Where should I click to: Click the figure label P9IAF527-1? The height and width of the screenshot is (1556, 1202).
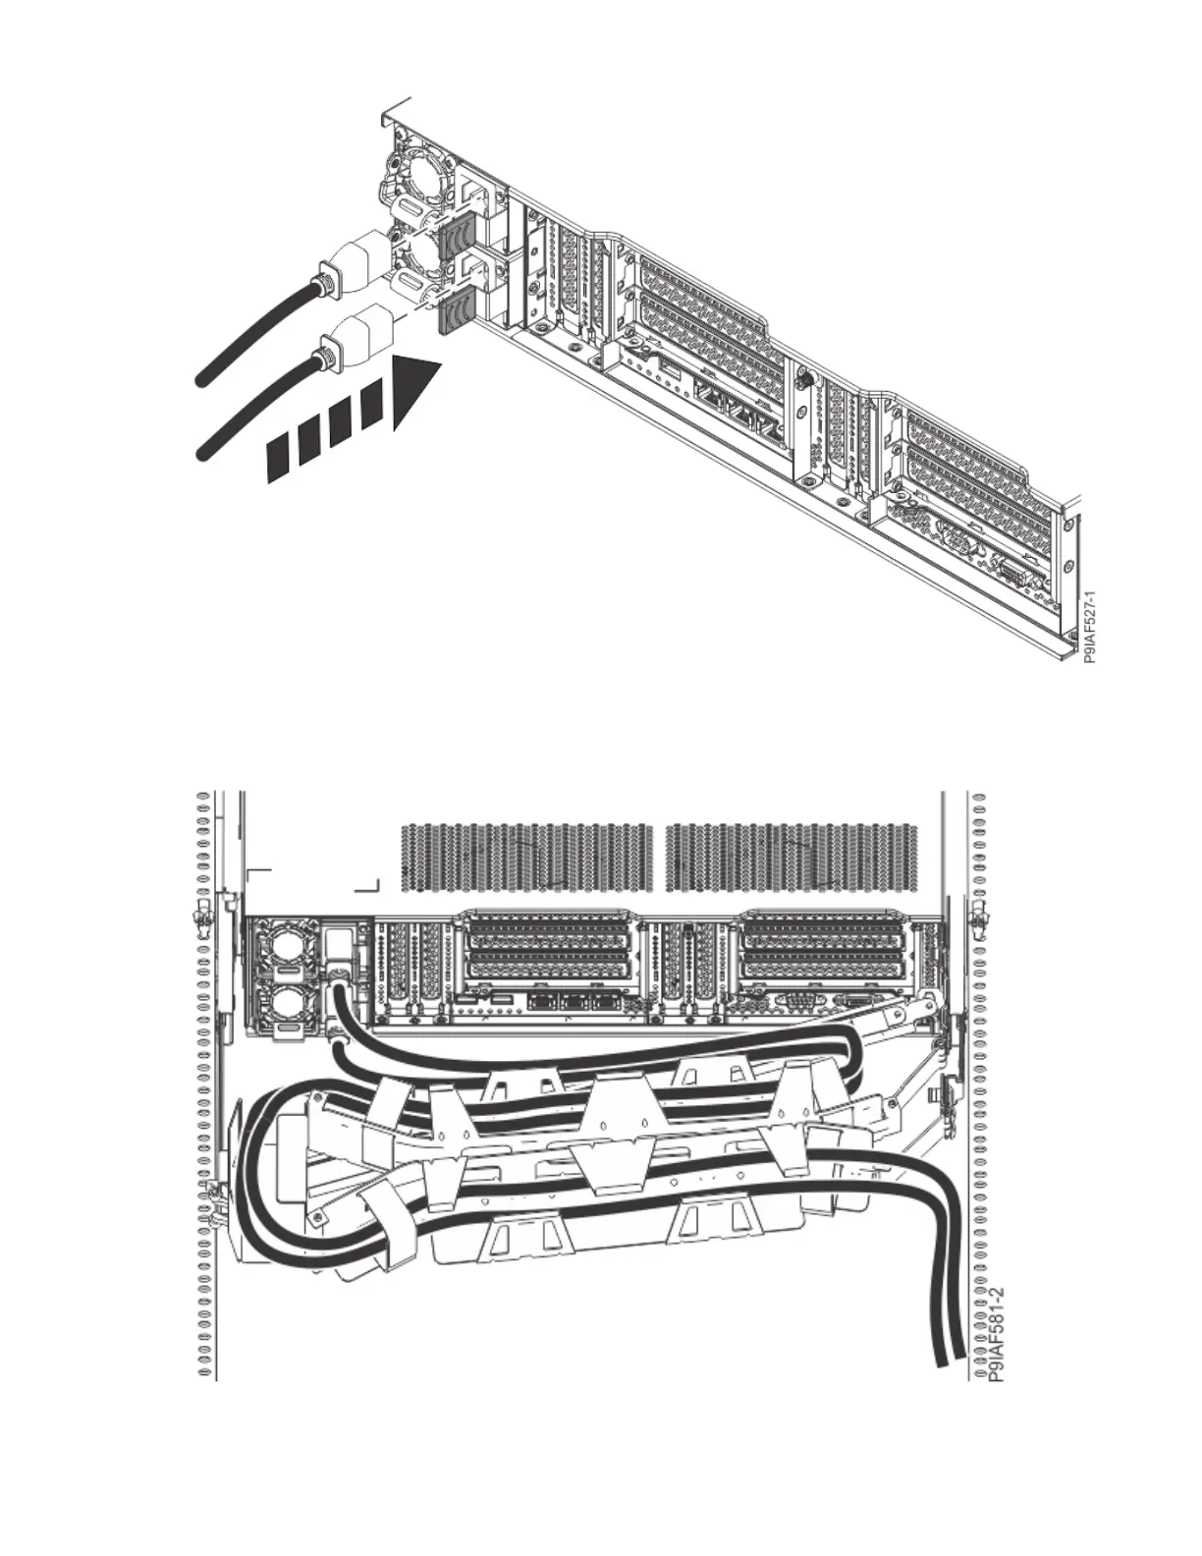click(x=1089, y=627)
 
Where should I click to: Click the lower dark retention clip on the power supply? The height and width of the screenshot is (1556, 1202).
click(x=455, y=313)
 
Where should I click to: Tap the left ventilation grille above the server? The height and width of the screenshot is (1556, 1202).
click(x=527, y=858)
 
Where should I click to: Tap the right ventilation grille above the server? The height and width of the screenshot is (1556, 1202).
click(x=792, y=858)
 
